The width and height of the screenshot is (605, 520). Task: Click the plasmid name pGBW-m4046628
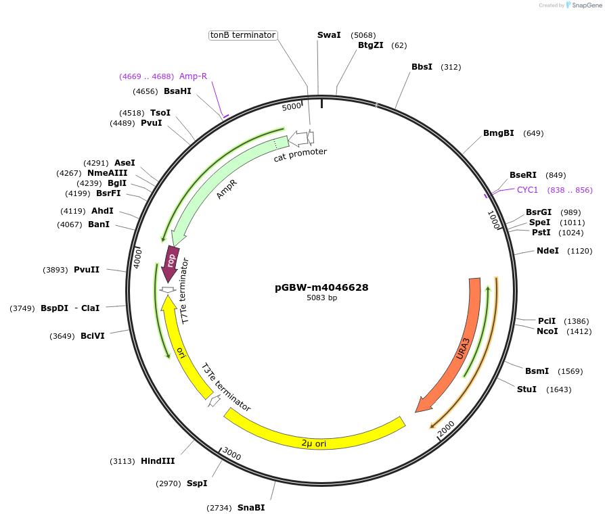point(321,287)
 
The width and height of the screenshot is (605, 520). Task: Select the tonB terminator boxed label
point(243,35)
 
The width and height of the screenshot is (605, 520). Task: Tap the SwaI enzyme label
point(329,35)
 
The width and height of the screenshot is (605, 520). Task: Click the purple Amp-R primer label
point(193,76)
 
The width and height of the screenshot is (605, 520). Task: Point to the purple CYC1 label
point(527,190)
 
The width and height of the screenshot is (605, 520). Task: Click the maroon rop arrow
point(171,262)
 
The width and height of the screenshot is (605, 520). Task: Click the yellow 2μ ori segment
point(314,439)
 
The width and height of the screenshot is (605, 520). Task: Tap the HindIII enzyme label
point(158,461)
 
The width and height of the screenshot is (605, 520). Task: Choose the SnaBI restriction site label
point(251,508)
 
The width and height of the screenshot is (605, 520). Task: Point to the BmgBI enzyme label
point(498,133)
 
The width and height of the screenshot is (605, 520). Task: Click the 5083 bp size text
point(321,298)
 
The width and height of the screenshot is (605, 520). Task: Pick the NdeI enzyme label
point(547,251)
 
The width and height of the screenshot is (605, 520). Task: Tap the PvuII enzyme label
point(87,270)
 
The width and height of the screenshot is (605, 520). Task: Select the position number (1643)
point(559,389)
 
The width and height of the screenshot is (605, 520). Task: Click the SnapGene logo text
point(586,5)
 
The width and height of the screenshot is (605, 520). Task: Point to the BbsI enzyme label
point(422,67)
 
